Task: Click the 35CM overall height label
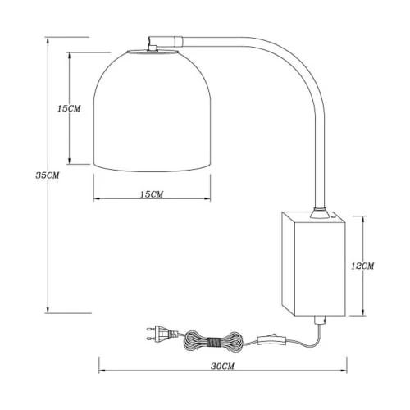tap(48, 175)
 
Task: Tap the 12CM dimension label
tap(362, 266)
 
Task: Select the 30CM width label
tap(222, 367)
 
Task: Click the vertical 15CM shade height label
tap(69, 108)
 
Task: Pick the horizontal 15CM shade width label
tap(152, 194)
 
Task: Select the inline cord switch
tap(271, 339)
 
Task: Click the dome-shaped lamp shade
tap(152, 112)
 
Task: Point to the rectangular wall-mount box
tap(313, 264)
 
